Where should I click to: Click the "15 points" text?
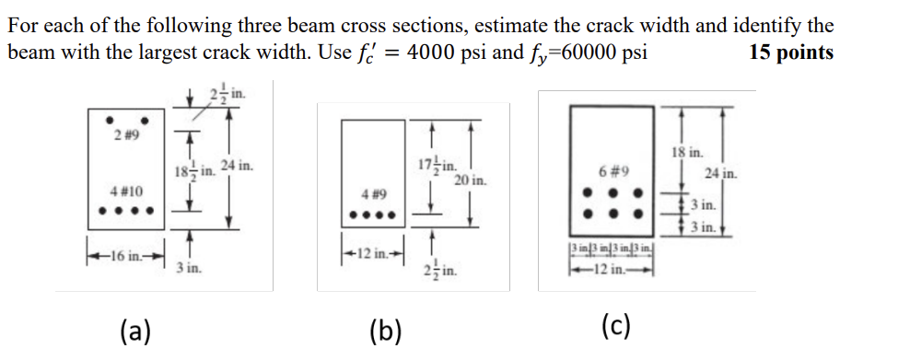click(791, 52)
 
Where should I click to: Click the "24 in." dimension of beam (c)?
click(720, 173)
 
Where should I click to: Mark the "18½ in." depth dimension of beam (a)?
click(191, 170)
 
